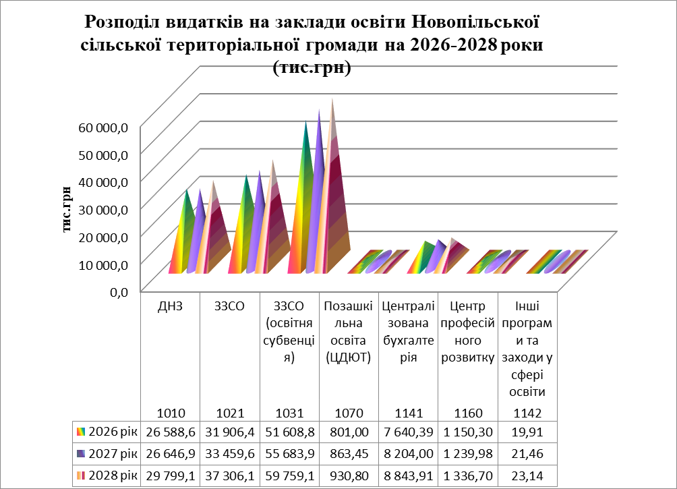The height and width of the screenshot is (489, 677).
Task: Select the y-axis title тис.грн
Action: tap(68, 209)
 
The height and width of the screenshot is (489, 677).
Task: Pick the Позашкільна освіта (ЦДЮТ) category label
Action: tap(348, 332)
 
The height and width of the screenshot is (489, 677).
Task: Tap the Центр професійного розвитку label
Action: tap(467, 332)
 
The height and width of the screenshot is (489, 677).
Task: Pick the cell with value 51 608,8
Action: tap(289, 431)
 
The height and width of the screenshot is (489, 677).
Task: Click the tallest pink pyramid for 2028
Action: tap(334, 196)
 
